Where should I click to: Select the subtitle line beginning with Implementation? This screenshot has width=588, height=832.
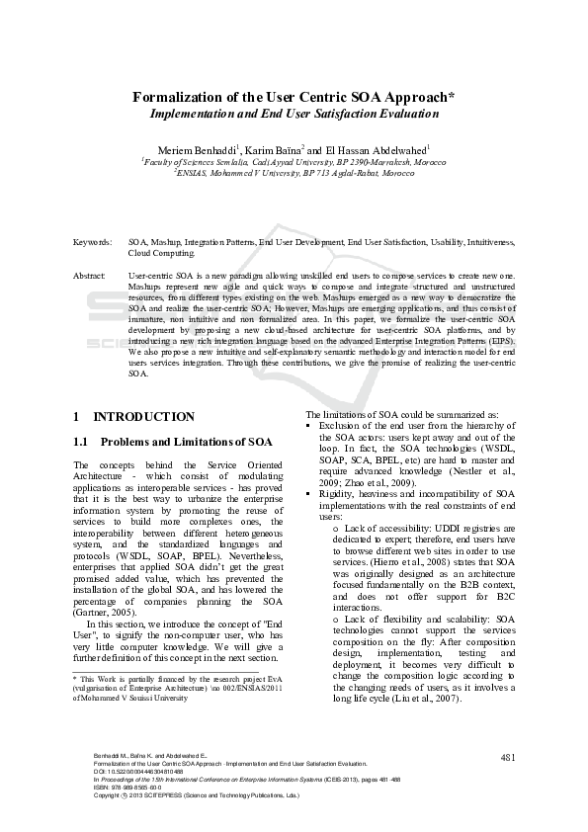tap(294, 114)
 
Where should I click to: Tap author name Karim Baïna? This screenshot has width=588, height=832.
tap(280, 149)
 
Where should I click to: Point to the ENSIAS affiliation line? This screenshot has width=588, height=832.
tap(294, 171)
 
